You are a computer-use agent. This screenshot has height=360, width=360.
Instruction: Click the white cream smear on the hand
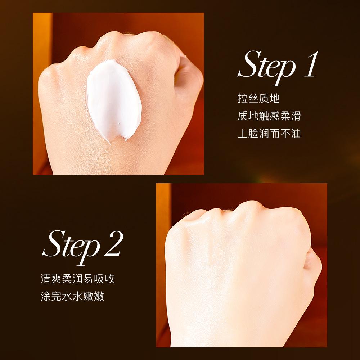112,99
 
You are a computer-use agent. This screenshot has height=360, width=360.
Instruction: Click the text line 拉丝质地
258,98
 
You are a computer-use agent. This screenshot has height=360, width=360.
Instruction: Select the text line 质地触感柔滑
269,116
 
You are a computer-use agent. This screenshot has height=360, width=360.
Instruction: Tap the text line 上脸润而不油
269,134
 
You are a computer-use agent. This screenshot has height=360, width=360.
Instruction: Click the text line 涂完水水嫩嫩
72,297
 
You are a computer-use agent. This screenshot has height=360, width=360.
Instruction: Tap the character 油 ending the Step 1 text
296,134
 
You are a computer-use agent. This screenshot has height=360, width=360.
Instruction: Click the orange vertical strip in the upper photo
42,90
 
